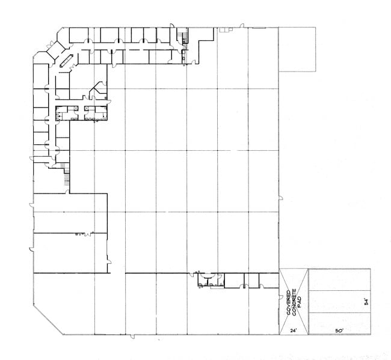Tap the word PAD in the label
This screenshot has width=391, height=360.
(x=300, y=302)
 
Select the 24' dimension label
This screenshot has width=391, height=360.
(x=294, y=331)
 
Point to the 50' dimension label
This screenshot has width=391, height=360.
(x=339, y=331)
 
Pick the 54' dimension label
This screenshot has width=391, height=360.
(x=366, y=302)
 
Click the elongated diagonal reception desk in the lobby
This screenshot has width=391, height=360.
(x=66, y=61)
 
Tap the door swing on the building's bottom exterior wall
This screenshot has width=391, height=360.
(x=132, y=337)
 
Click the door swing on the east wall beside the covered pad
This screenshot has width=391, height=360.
(x=281, y=297)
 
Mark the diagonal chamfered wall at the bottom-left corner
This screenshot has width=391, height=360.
(x=48, y=320)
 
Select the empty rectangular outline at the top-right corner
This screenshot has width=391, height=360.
(x=297, y=49)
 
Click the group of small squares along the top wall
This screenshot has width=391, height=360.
(x=226, y=29)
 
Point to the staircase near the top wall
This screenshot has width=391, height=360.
(x=185, y=38)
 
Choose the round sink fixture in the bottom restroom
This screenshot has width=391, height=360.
(x=207, y=275)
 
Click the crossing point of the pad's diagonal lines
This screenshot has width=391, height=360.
(x=294, y=302)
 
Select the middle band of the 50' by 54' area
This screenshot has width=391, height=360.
(x=340, y=302)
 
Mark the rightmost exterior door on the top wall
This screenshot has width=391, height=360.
(x=242, y=25)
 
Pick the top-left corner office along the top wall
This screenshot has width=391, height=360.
(x=79, y=35)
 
